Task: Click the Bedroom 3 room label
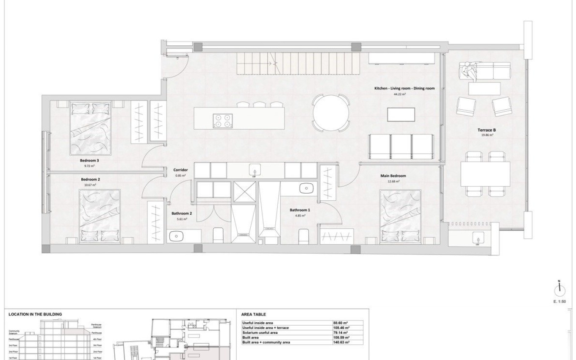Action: pos(89,161)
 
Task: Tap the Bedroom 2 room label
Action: pos(90,180)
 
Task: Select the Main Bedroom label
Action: pos(393,176)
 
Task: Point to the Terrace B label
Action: pos(485,130)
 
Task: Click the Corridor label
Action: pos(180,170)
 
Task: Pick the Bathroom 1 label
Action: pos(300,210)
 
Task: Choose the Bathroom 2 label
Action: pos(182,214)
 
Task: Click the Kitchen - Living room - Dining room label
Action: pos(404,89)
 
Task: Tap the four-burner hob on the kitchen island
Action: pos(223,120)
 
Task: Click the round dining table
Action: pos(331,113)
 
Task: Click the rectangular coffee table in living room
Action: pos(401,114)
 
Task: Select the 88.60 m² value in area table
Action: pos(341,323)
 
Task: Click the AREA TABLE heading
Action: pos(253,315)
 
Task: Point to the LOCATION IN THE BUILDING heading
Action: pos(35,314)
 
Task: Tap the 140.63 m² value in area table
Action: pos(341,342)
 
